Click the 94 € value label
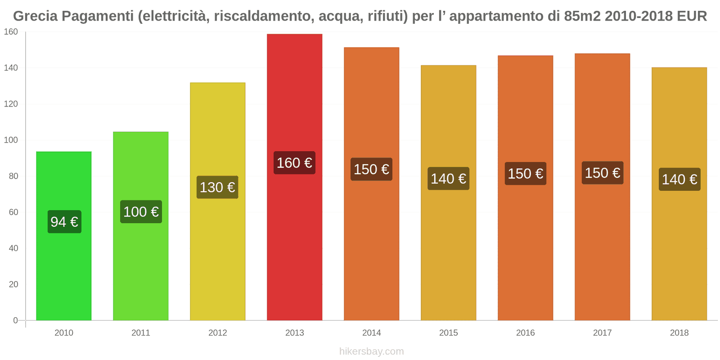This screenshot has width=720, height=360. (64, 222)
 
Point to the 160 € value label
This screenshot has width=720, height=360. (294, 163)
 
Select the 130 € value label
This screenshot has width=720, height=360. (217, 187)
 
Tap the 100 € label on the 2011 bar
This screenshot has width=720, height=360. (141, 212)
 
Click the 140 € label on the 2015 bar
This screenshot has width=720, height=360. (448, 179)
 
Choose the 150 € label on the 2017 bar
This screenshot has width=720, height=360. (602, 173)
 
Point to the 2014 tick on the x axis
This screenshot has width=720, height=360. (371, 333)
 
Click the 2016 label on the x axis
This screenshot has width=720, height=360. (525, 333)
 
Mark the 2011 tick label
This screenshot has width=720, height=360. (140, 333)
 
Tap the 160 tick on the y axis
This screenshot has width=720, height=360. (11, 32)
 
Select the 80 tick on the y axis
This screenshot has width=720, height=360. (13, 176)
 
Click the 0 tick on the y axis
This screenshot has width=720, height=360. (15, 320)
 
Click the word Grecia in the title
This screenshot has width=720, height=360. (36, 16)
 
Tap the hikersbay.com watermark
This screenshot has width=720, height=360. (371, 351)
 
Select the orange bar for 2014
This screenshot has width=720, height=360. (371, 252)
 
